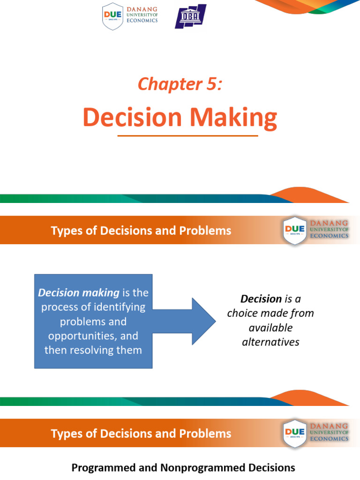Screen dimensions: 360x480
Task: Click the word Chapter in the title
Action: [x=170, y=84]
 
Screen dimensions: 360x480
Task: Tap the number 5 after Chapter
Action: [x=212, y=83]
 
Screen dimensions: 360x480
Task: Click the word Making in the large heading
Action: [x=233, y=118]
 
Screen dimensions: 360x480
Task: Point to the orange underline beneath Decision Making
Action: [x=187, y=135]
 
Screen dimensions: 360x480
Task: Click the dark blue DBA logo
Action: [x=190, y=16]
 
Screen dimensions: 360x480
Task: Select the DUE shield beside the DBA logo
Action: [x=112, y=16]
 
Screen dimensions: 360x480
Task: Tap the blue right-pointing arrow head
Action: [x=204, y=322]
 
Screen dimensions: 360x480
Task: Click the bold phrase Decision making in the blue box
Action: [x=79, y=292]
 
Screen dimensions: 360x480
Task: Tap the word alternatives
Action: [x=270, y=342]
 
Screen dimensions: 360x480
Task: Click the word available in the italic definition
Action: [x=270, y=328]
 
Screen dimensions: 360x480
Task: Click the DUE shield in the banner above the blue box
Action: [x=294, y=230]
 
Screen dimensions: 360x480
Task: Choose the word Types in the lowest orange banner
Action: [x=67, y=434]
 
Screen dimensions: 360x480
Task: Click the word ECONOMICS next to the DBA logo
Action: [x=142, y=21]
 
